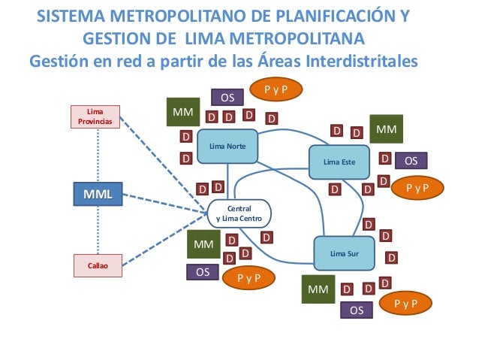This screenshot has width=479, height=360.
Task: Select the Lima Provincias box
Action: pyautogui.click(x=95, y=116)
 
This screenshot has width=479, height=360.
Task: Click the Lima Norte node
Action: pyautogui.click(x=227, y=147)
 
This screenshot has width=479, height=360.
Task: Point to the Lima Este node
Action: pyautogui.click(x=339, y=161)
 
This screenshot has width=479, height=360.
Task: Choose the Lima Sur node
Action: pyautogui.click(x=344, y=253)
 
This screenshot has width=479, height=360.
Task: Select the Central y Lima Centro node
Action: pyautogui.click(x=239, y=213)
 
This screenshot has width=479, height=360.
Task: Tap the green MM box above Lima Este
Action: pyautogui.click(x=386, y=130)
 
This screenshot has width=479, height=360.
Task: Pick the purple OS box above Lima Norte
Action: pyautogui.click(x=227, y=97)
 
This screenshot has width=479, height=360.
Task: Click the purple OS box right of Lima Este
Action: pyautogui.click(x=411, y=160)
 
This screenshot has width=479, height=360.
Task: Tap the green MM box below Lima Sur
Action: pyautogui.click(x=319, y=289)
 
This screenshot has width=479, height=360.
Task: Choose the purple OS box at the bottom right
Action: pyautogui.click(x=357, y=310)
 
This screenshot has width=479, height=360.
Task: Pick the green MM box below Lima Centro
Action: pyautogui.click(x=203, y=244)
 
